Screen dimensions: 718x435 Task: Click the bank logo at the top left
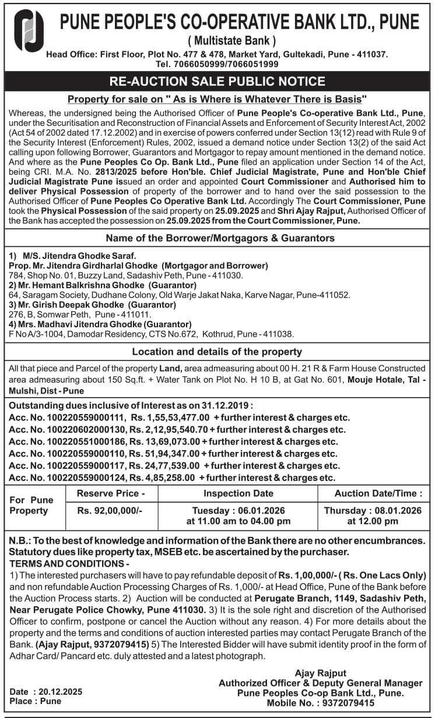coord(29,31)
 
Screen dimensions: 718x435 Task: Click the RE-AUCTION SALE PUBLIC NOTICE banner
coord(218,81)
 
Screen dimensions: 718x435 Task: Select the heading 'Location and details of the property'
coord(217,352)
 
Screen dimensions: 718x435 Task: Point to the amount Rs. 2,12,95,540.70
coord(171,430)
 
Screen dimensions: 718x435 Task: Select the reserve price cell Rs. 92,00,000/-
coord(110,510)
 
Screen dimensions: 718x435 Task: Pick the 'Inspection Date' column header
coord(238,493)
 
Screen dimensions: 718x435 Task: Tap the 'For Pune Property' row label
coord(31,505)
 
